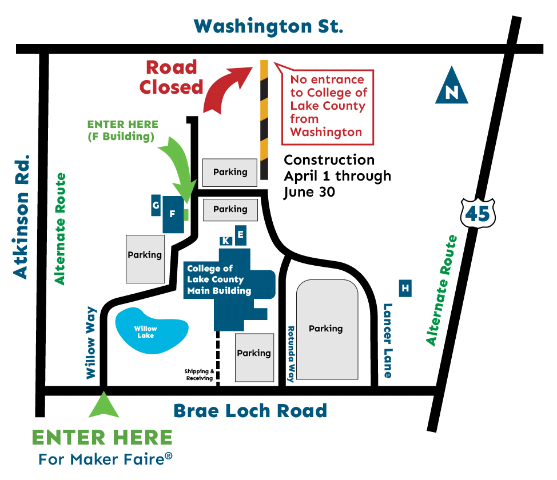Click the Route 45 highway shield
click(x=478, y=213)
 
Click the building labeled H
click(x=405, y=289)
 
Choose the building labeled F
click(x=172, y=214)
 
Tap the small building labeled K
click(x=226, y=241)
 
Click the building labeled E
click(x=241, y=234)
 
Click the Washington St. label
click(x=268, y=26)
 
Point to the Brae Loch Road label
click(x=250, y=410)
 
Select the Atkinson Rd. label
click(x=21, y=217)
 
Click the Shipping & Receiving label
click(x=199, y=375)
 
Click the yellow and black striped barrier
click(x=264, y=119)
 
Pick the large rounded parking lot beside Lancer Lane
click(x=327, y=329)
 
